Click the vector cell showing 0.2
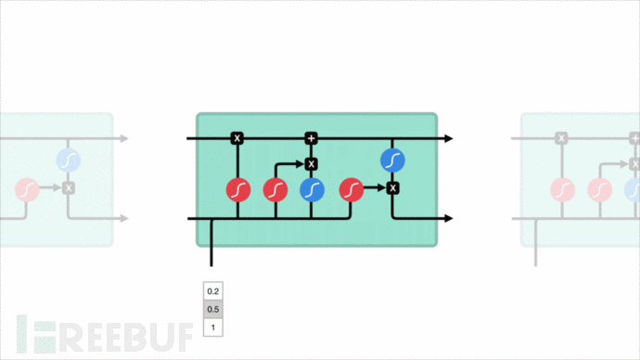(x=213, y=291)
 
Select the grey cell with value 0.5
(x=213, y=309)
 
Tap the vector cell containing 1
(x=213, y=327)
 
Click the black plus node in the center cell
(x=312, y=138)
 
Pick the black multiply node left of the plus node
(x=237, y=138)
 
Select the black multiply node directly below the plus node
(x=312, y=164)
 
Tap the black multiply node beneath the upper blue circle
(x=392, y=188)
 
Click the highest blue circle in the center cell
(x=392, y=161)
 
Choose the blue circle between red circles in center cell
(x=313, y=190)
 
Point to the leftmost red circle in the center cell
(x=238, y=190)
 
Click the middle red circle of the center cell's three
(x=275, y=190)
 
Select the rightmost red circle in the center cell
(x=352, y=190)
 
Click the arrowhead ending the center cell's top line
(x=448, y=138)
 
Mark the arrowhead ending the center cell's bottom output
(x=448, y=219)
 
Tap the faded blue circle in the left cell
(x=68, y=161)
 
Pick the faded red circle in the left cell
(x=27, y=190)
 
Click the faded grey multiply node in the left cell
(x=68, y=188)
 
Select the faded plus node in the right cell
(x=634, y=138)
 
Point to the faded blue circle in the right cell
(x=634, y=190)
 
